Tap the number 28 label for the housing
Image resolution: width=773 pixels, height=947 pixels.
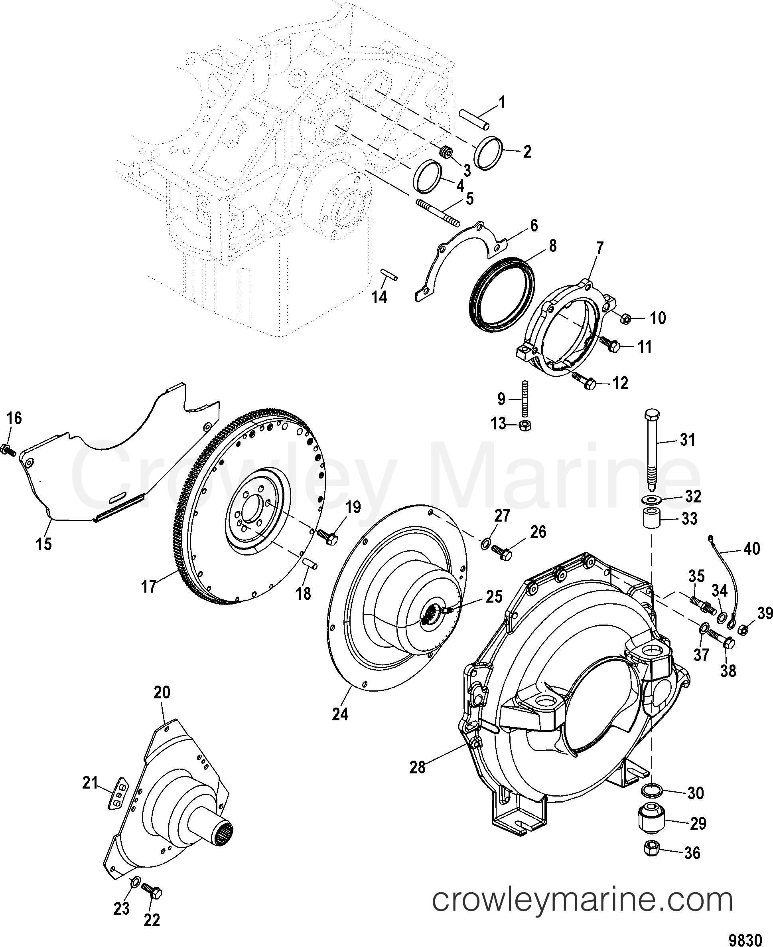pos(418,767)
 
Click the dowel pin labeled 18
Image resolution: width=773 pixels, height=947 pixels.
pos(310,563)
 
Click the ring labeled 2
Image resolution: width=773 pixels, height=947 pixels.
pos(489,152)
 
